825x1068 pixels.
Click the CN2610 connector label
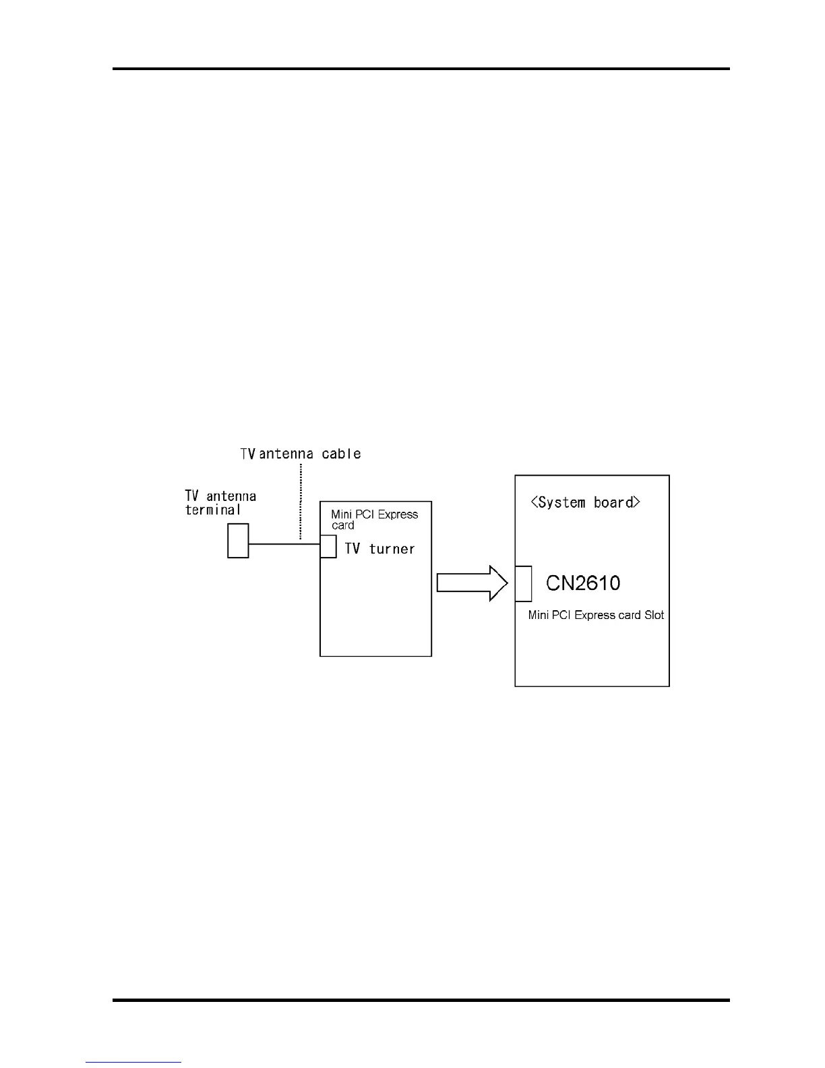pyautogui.click(x=583, y=583)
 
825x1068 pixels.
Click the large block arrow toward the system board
pyautogui.click(x=472, y=583)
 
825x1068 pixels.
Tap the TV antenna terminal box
pyautogui.click(x=238, y=541)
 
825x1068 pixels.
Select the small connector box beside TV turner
pyautogui.click(x=328, y=546)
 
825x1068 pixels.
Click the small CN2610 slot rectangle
pyautogui.click(x=523, y=583)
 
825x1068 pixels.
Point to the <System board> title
pyautogui.click(x=585, y=502)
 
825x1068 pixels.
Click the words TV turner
pyautogui.click(x=379, y=549)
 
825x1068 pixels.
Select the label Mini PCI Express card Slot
pyautogui.click(x=596, y=615)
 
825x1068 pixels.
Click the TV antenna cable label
pyautogui.click(x=301, y=454)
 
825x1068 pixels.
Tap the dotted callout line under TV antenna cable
pyautogui.click(x=300, y=499)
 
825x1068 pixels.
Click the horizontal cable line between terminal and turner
pyautogui.click(x=283, y=544)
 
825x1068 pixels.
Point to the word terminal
pyautogui.click(x=213, y=510)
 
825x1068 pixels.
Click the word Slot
pyautogui.click(x=654, y=615)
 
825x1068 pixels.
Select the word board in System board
pyautogui.click(x=613, y=502)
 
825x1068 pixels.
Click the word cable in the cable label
pyautogui.click(x=341, y=454)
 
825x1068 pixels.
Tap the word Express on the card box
pyautogui.click(x=398, y=514)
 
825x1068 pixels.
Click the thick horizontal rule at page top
pyautogui.click(x=421, y=69)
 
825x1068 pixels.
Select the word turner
pyautogui.click(x=392, y=549)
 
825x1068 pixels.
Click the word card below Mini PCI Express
pyautogui.click(x=342, y=525)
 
